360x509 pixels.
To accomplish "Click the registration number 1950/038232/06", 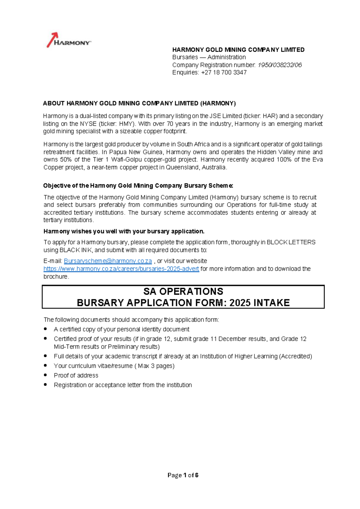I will [280, 65].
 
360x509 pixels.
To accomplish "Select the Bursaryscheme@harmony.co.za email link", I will [108, 261].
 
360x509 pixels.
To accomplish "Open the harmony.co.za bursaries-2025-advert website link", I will [121, 269].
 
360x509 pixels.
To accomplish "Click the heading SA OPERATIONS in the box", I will [183, 291].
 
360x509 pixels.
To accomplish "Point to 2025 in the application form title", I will [240, 303].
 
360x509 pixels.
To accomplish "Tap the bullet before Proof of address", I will [46, 375].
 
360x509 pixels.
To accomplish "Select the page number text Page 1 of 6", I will [183, 475].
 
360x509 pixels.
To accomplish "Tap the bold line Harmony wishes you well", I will [124, 231].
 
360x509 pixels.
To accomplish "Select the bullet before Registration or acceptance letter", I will [46, 384].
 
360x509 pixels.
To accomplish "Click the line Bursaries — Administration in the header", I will [209, 57].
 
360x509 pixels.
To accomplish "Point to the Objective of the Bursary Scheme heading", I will [138, 185].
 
